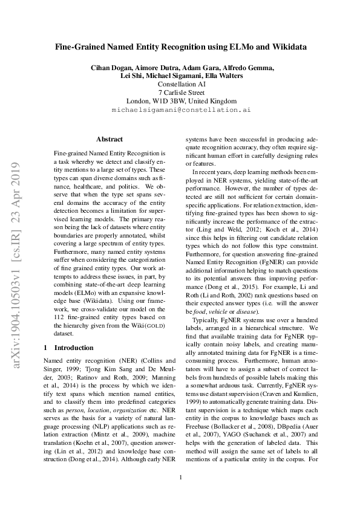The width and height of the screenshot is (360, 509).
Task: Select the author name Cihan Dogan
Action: coord(111,67)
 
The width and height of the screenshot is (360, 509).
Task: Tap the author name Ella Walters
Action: coord(226,76)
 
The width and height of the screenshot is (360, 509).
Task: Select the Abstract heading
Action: coord(109,139)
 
